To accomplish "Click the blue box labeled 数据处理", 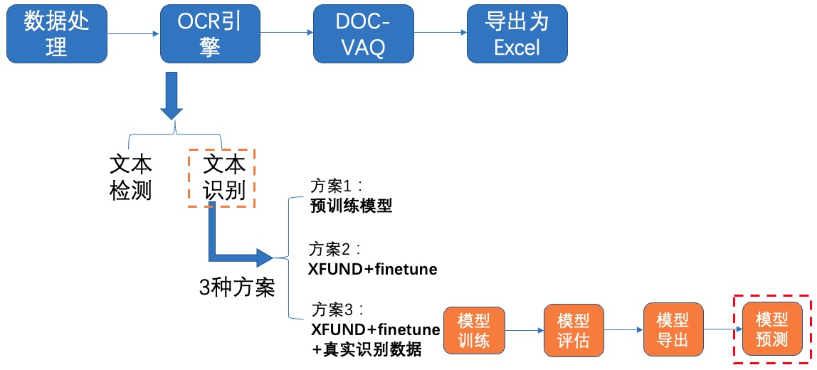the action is click(x=57, y=34).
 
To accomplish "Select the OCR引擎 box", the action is click(x=210, y=34).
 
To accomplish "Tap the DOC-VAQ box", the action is click(x=363, y=34).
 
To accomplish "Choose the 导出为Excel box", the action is click(x=517, y=34).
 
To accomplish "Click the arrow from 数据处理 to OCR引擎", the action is click(x=133, y=34).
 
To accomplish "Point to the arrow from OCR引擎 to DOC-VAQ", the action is click(x=287, y=34).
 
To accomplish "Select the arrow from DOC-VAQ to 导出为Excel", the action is click(x=441, y=34).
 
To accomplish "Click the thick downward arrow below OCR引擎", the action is click(x=172, y=95).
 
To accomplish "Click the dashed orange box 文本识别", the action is click(x=221, y=179).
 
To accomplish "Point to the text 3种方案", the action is click(x=237, y=287).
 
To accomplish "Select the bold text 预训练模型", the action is click(x=351, y=207).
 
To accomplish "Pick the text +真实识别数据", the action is click(x=367, y=349).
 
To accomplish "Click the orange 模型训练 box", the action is click(x=474, y=330).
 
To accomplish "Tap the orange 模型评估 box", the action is click(x=574, y=330).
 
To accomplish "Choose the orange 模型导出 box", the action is click(x=673, y=330).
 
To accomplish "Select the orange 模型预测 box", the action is click(x=773, y=329).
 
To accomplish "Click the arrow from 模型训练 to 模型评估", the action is click(x=525, y=330).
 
